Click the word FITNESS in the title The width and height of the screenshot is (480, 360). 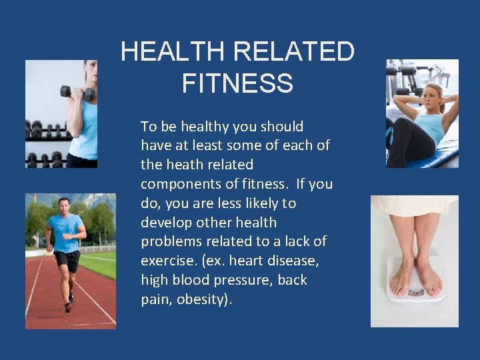click(x=237, y=83)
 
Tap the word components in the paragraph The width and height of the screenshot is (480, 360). click(x=175, y=183)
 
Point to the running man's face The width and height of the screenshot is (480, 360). click(x=64, y=206)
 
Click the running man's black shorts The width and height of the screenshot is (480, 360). click(x=67, y=261)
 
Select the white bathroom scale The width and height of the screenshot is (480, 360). click(x=415, y=280)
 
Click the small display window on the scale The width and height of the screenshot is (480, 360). click(x=415, y=292)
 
